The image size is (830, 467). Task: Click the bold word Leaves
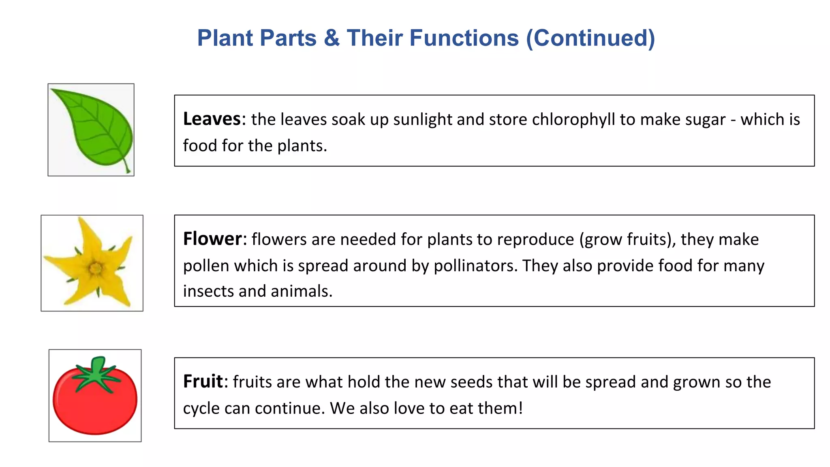tap(212, 119)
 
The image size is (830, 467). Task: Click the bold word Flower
tap(212, 239)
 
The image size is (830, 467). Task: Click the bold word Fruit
tap(203, 381)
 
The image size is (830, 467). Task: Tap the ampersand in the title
tap(332, 38)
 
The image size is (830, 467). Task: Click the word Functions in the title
tap(432, 38)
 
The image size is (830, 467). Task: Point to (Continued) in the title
tap(590, 38)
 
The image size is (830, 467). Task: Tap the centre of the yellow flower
tap(96, 268)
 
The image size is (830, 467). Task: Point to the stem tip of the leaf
tap(128, 171)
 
